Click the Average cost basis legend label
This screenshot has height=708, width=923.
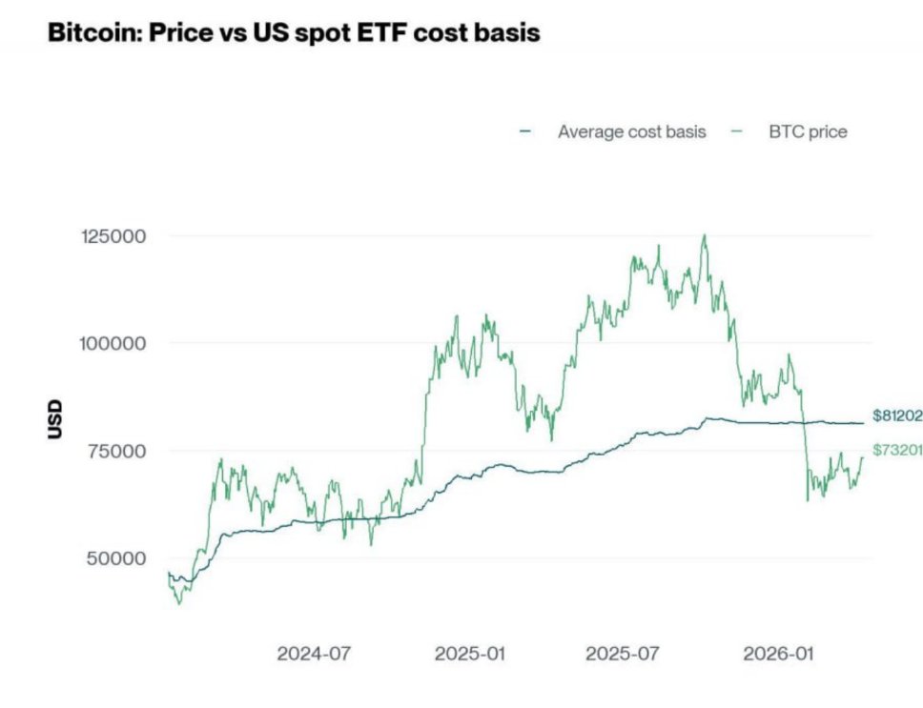(x=631, y=131)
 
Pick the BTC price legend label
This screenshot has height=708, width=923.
(x=808, y=131)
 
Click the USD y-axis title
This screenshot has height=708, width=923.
(x=54, y=419)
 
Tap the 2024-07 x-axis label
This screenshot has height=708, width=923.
(x=315, y=655)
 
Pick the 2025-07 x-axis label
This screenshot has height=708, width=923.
(x=623, y=655)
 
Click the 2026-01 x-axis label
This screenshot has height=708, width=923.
(x=779, y=655)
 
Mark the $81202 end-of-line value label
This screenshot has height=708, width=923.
(x=897, y=415)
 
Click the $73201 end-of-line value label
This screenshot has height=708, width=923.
(x=897, y=450)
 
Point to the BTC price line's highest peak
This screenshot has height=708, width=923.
(x=705, y=235)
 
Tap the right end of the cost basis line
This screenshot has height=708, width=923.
(x=863, y=423)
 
